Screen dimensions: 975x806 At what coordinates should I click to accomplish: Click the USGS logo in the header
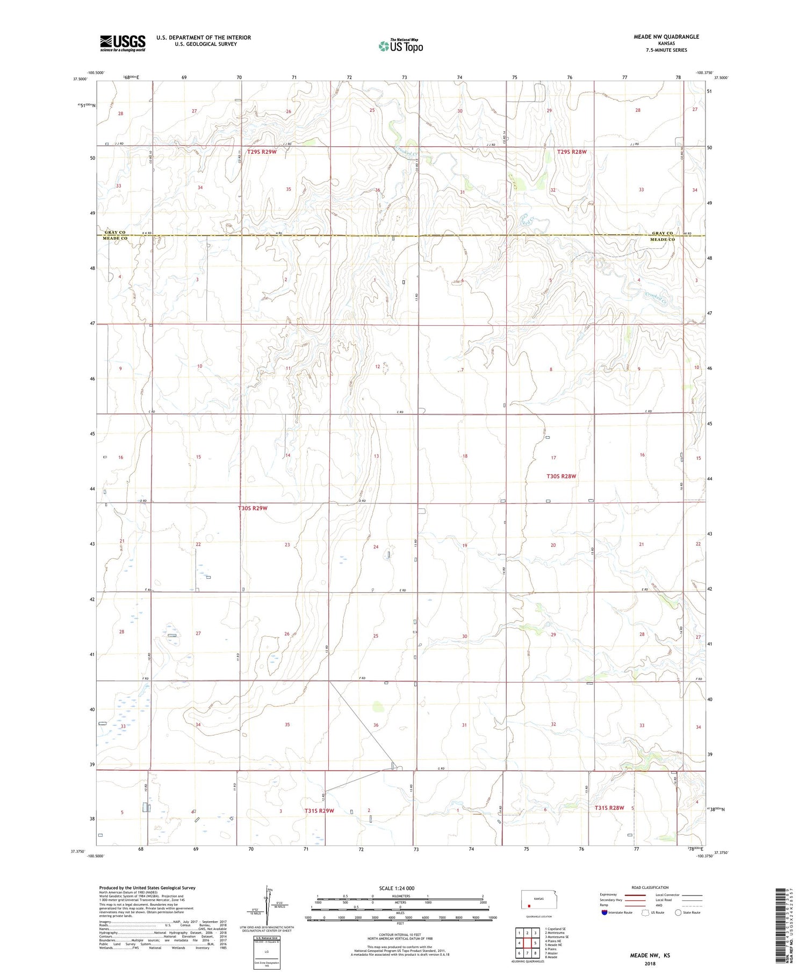[123, 43]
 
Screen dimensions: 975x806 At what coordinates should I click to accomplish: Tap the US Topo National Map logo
[400, 46]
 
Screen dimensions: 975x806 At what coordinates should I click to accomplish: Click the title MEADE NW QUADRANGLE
[666, 37]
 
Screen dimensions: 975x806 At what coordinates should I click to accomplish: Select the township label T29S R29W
[262, 152]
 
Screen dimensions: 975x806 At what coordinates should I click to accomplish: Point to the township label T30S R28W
[561, 476]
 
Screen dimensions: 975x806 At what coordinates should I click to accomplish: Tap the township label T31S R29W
[319, 810]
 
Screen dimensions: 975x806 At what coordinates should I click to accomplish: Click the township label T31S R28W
[609, 808]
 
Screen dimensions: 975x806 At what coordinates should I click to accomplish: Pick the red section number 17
[553, 458]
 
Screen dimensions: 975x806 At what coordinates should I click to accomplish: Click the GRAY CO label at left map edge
[115, 232]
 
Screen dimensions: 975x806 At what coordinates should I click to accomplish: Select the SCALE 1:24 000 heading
[397, 888]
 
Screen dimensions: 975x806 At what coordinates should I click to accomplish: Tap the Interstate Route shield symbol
[604, 912]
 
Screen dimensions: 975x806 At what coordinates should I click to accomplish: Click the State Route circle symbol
[678, 912]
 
